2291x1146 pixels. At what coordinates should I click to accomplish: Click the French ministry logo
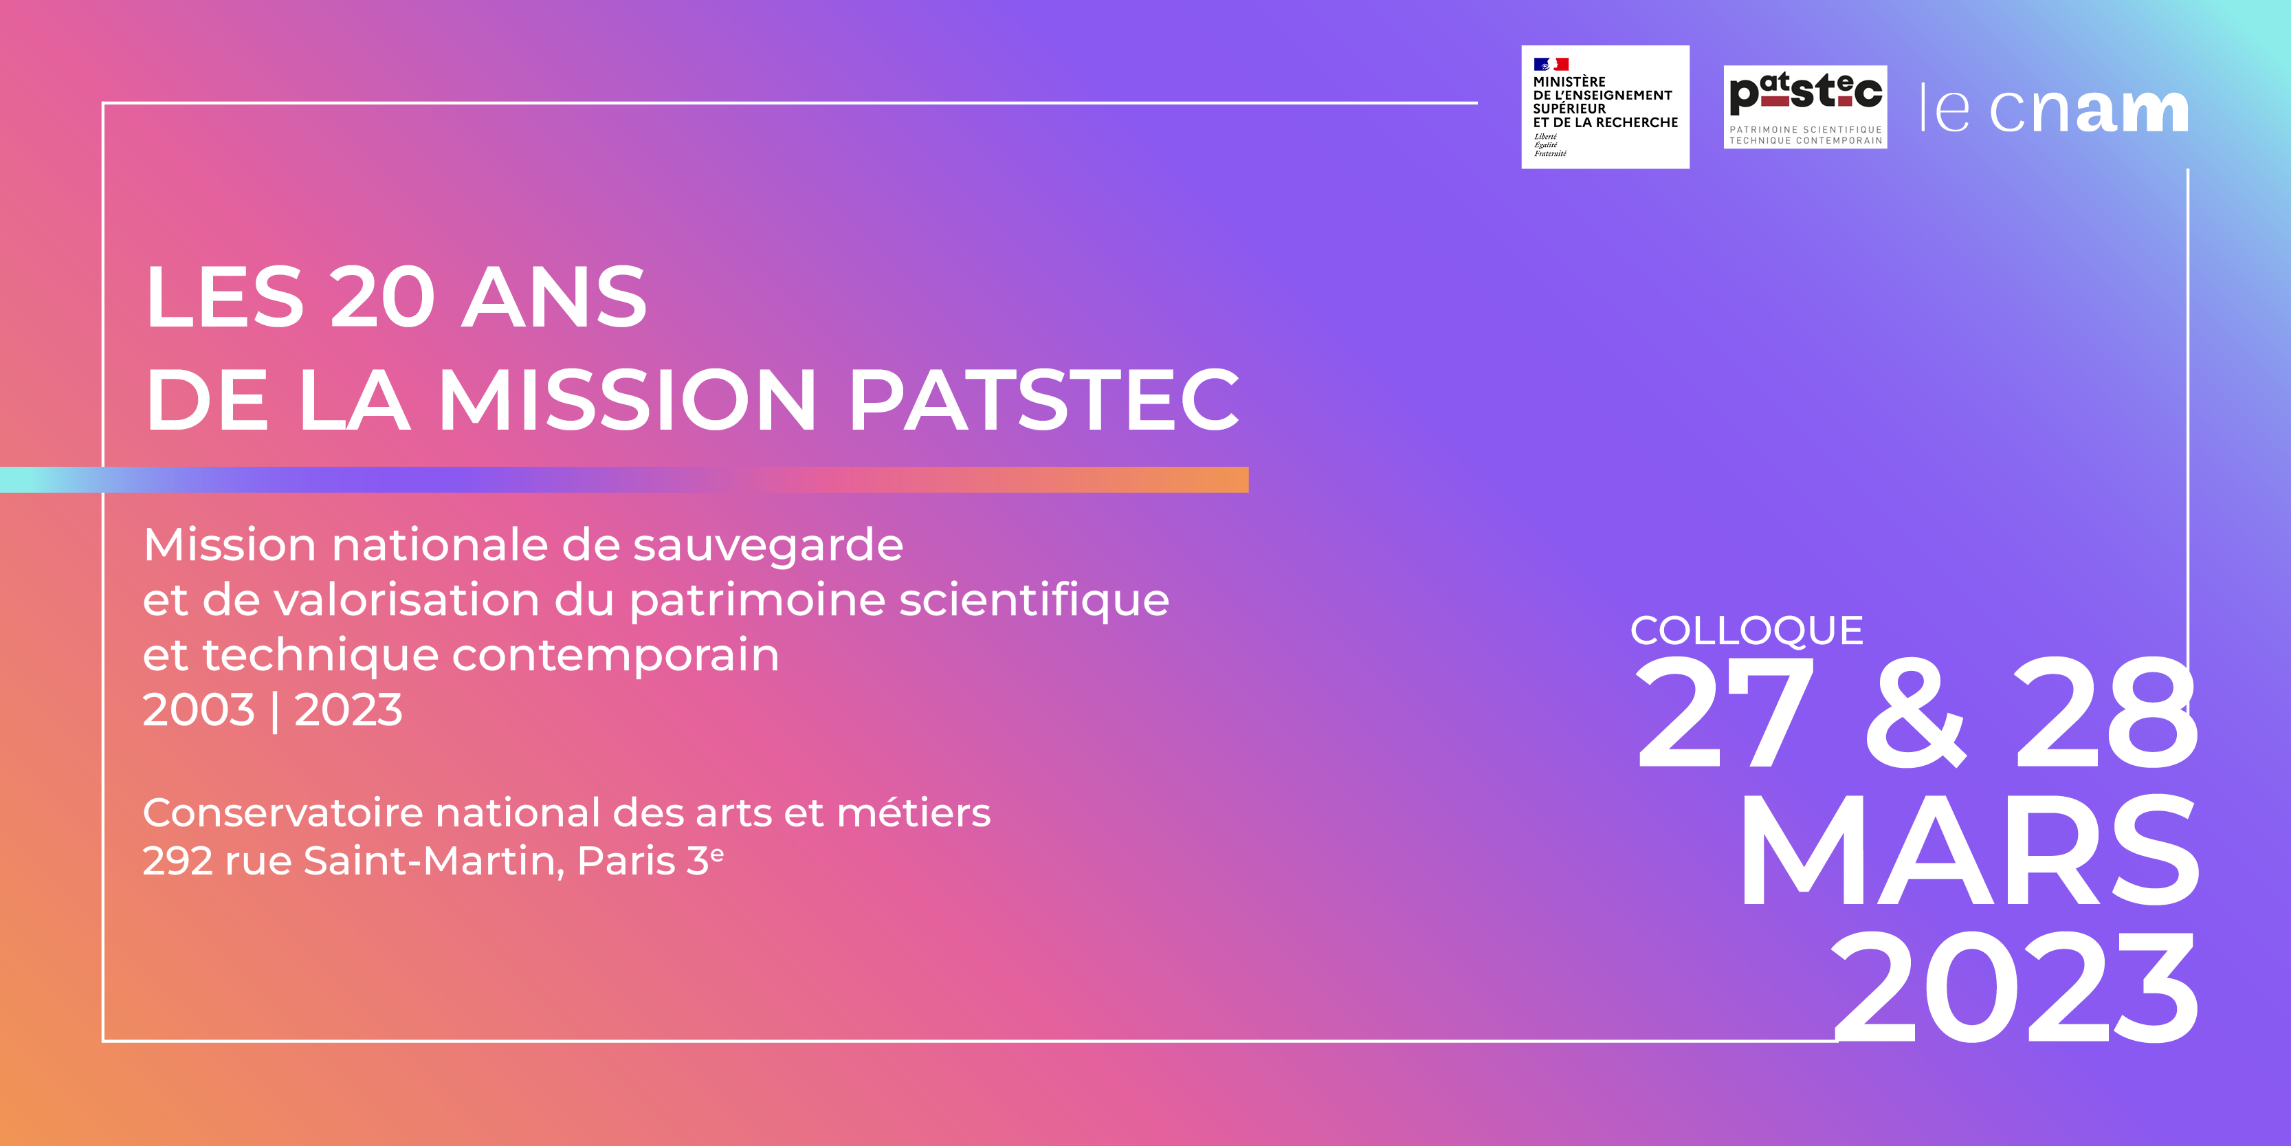pos(1605,107)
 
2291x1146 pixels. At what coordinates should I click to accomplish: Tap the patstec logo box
pos(1806,107)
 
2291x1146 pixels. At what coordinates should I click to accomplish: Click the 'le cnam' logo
pos(2054,109)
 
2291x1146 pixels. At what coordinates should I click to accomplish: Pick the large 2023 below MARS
pos(2015,988)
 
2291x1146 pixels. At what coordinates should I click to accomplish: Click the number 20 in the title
pos(382,297)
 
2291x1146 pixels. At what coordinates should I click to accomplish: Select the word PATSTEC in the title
pos(1044,399)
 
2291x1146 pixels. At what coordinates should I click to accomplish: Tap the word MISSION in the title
pos(628,399)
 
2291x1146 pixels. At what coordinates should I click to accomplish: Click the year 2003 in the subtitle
pos(199,710)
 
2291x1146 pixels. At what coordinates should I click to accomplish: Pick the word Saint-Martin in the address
pos(434,861)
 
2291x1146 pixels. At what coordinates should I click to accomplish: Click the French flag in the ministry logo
pos(1551,64)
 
